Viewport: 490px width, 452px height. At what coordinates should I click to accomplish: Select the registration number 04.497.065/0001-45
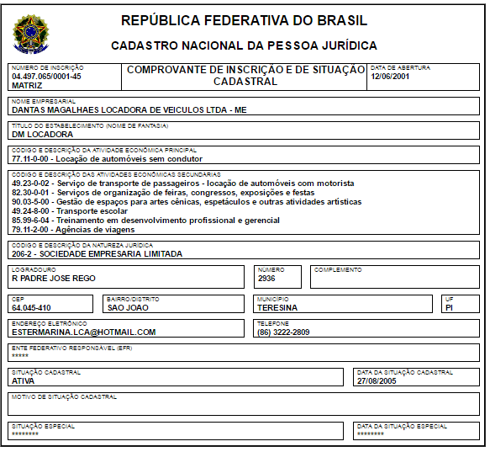46,77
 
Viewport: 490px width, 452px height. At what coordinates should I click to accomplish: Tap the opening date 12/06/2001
391,77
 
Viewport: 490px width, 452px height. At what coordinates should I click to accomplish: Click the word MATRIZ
27,85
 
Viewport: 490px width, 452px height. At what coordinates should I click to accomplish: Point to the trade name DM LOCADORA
42,134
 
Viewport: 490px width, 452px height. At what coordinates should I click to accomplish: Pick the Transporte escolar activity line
70,210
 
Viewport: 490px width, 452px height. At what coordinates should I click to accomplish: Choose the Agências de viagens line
74,229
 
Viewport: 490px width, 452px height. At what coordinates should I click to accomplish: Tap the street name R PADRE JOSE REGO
54,279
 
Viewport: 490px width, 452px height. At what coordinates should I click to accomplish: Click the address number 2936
267,279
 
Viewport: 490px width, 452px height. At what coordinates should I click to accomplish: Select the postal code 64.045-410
31,307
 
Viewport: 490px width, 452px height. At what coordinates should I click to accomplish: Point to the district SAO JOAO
128,307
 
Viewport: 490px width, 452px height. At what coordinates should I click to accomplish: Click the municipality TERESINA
278,307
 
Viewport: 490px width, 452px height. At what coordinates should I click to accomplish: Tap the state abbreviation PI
450,307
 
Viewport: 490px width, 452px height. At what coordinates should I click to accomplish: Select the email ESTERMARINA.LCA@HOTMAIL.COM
84,332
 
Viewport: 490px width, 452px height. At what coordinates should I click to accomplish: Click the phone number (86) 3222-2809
283,332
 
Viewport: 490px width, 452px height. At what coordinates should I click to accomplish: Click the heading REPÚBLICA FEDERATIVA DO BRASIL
244,20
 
